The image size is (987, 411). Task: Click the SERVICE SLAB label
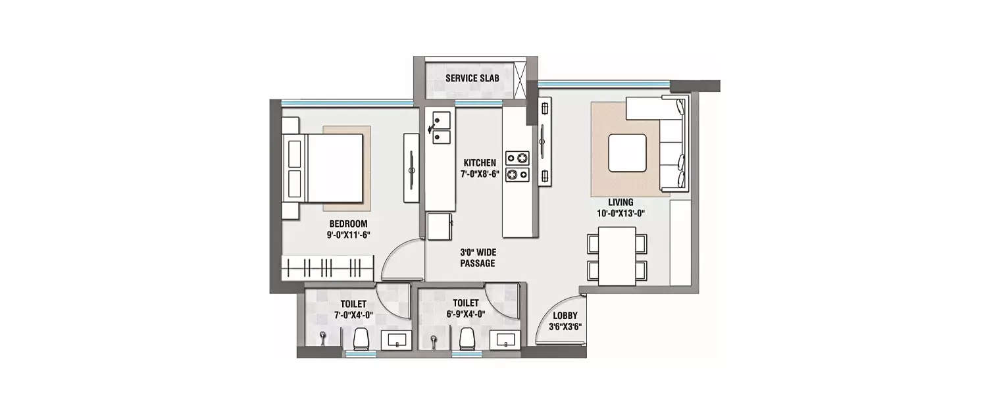(472, 78)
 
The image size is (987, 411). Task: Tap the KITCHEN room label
(480, 163)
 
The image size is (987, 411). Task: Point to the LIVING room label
(620, 202)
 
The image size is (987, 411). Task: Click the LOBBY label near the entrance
(565, 316)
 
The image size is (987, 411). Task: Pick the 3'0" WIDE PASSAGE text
(478, 257)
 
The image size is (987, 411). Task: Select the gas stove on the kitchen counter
(517, 166)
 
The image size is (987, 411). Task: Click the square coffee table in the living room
(626, 153)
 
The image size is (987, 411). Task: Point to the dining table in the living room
(617, 256)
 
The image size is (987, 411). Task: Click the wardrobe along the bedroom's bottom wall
(328, 268)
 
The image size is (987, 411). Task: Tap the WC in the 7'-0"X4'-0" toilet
(360, 339)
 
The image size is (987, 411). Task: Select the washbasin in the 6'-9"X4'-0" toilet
(505, 339)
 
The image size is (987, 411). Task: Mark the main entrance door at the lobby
(551, 326)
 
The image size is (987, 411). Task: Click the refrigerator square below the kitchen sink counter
(440, 227)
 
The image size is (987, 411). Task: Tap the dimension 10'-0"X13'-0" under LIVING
(620, 213)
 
